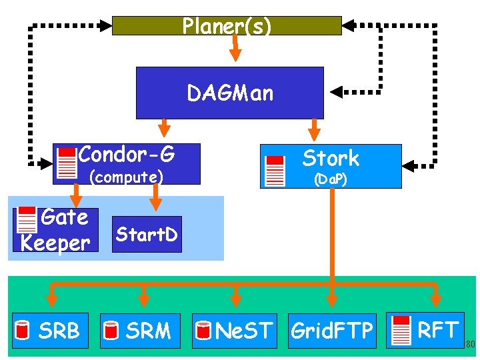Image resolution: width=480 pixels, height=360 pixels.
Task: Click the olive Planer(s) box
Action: pyautogui.click(x=227, y=25)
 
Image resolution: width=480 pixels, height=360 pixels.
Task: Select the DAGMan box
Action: pyautogui.click(x=230, y=93)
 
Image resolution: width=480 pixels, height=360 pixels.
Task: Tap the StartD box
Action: pyautogui.click(x=147, y=234)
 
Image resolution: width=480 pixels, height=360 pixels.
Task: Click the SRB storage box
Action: pyautogui.click(x=50, y=331)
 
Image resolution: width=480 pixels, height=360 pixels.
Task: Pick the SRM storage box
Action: pyautogui.click(x=140, y=331)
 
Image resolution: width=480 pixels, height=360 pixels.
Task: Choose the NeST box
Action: pyautogui.click(x=235, y=331)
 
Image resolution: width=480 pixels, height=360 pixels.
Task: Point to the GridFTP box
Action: pyautogui.click(x=332, y=331)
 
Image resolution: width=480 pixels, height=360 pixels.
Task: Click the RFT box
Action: pyautogui.click(x=425, y=330)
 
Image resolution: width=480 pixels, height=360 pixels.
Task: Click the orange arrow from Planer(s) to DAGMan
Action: pyautogui.click(x=235, y=48)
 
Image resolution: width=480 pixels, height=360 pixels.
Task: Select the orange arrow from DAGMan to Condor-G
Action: pyautogui.click(x=165, y=127)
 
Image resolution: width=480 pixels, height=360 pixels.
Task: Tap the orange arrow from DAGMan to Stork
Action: pyautogui.click(x=314, y=130)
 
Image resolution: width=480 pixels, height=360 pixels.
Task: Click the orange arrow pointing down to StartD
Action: pyautogui.click(x=156, y=197)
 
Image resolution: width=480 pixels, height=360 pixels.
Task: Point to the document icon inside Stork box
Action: pyautogui.click(x=275, y=171)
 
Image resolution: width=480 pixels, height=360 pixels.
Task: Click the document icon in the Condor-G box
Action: pyautogui.click(x=67, y=163)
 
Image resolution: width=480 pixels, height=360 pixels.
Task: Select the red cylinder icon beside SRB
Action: pyautogui.click(x=22, y=330)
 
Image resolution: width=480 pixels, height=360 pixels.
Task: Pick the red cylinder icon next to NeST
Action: pyautogui.click(x=203, y=330)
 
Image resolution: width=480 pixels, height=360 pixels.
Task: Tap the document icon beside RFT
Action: pyautogui.click(x=401, y=331)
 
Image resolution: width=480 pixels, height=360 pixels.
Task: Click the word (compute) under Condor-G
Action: pyautogui.click(x=127, y=177)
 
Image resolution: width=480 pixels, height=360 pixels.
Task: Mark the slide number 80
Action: pyautogui.click(x=471, y=344)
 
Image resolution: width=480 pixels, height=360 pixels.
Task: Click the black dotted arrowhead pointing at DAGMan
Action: pyautogui.click(x=336, y=92)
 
